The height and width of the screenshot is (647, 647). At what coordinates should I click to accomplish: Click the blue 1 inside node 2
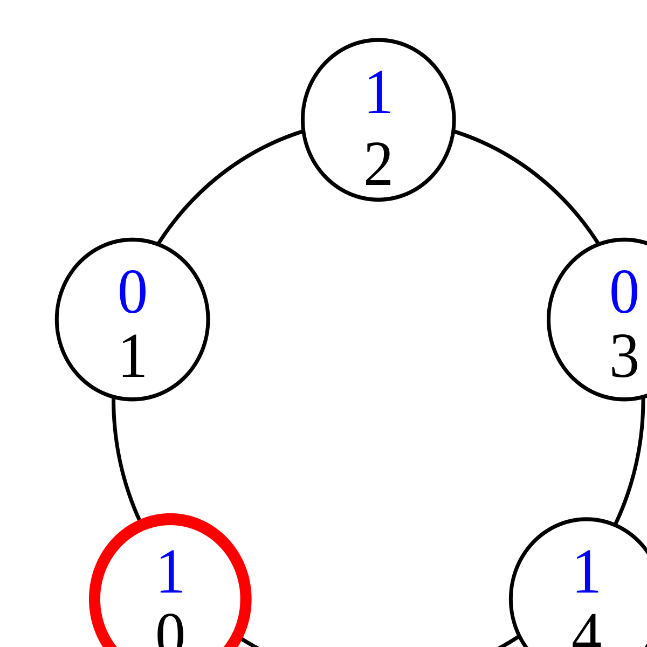point(379,93)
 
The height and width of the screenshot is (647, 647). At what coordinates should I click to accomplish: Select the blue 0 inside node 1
point(133,292)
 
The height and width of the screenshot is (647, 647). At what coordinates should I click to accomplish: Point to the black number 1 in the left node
point(133,356)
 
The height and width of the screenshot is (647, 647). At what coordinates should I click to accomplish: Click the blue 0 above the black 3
point(624,292)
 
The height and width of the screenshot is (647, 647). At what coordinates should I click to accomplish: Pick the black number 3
point(624,356)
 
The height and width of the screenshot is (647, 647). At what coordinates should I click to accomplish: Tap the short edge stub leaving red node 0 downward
point(250,642)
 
